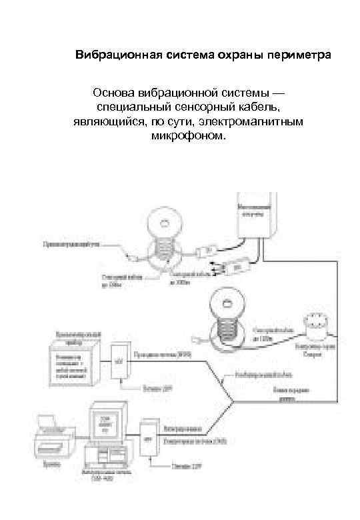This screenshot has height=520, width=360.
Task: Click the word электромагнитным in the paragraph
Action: pyautogui.click(x=256, y=123)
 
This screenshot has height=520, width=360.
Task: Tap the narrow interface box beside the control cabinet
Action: pyautogui.click(x=119, y=363)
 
